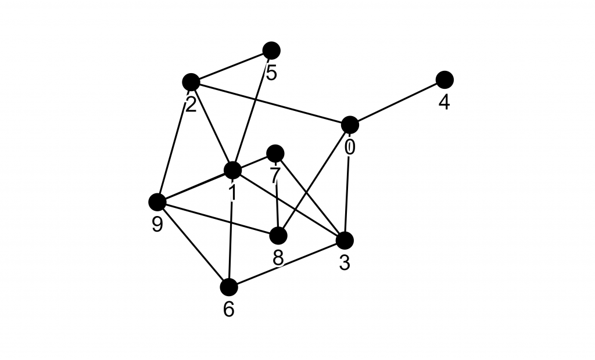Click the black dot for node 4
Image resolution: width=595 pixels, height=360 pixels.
445,79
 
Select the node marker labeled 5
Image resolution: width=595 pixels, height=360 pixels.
271,51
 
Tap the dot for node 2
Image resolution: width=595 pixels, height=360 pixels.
191,82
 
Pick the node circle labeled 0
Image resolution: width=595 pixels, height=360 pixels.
350,124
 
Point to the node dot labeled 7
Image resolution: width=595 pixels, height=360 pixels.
275,153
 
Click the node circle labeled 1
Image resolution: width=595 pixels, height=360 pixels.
232,170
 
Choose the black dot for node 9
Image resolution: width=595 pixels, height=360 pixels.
157,202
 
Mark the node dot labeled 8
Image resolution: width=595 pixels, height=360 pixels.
278,236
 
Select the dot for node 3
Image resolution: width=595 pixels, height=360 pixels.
345,240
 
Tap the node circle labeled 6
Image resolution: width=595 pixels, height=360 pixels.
229,287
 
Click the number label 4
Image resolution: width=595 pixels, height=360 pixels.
444,103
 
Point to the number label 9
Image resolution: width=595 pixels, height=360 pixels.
157,225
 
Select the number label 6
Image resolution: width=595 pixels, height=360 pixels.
229,309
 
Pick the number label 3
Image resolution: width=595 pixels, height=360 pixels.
345,263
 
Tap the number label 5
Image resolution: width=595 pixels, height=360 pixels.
271,73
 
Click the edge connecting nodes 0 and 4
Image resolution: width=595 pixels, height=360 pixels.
397,102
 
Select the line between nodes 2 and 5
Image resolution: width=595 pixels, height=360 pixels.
231,66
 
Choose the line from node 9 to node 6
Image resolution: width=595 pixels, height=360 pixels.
193,244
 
